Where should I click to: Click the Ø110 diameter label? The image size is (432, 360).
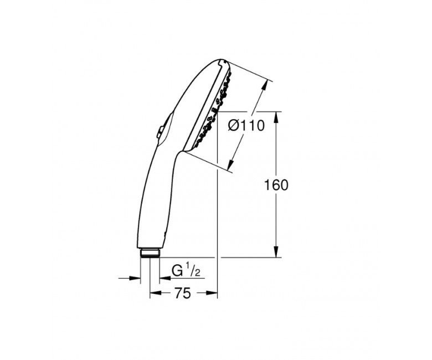pos(246,126)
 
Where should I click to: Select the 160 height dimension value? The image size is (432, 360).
pos(276,185)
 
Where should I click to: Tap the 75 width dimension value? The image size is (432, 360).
pos(182,293)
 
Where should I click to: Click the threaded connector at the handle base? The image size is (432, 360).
pos(150,253)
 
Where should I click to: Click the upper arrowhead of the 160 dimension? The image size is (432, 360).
pos(276,117)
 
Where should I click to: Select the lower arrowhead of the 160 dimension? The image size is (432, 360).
pos(276,253)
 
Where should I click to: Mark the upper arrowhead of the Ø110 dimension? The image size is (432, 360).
pos(265,85)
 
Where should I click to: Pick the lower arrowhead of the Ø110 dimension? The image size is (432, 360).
pos(232,164)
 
